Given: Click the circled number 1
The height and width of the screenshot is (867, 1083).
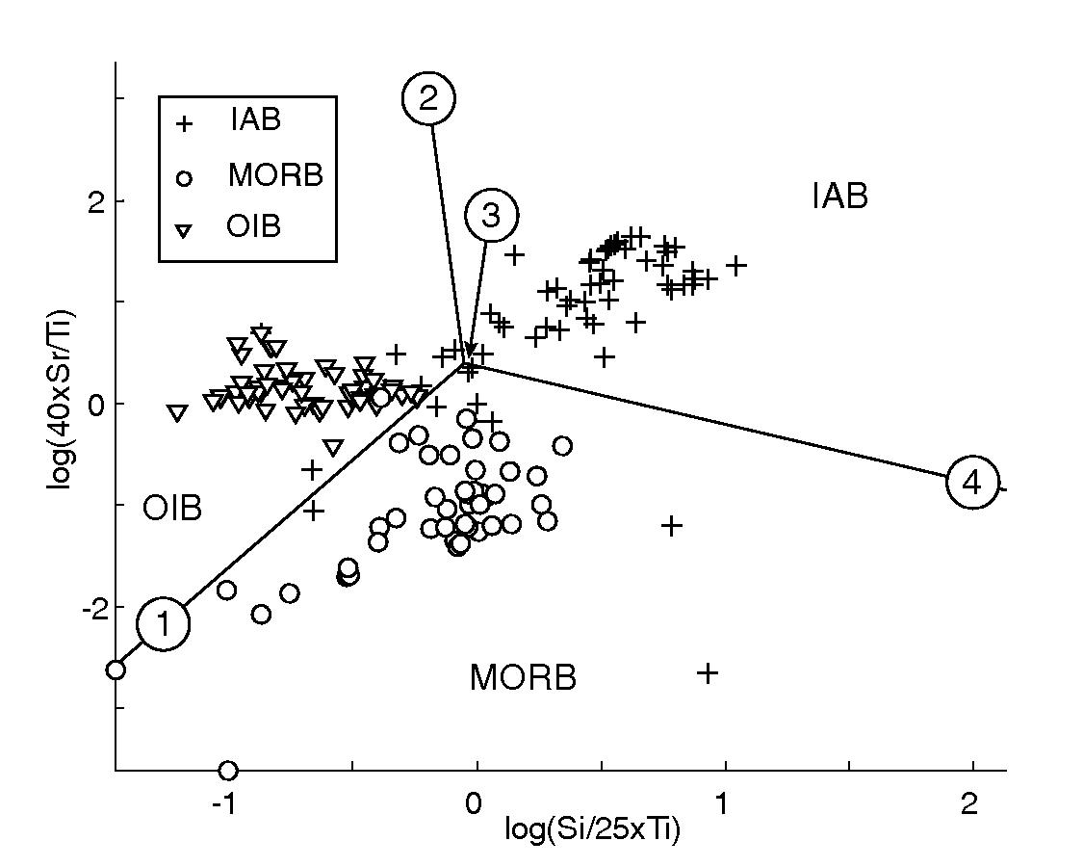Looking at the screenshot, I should (x=164, y=624).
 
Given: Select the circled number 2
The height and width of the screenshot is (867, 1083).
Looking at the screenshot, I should (x=428, y=98).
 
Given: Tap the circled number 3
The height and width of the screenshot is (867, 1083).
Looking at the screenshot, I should (x=491, y=216).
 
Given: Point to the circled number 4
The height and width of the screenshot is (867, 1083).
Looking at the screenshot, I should (x=972, y=483).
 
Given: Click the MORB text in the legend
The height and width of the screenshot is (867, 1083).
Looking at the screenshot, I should (x=275, y=176).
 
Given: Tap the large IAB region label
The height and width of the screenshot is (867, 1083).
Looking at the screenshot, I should (x=839, y=197).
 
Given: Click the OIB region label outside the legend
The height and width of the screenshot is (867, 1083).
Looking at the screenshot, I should (x=172, y=508).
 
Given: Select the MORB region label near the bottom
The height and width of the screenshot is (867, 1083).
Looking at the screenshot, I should (x=523, y=678).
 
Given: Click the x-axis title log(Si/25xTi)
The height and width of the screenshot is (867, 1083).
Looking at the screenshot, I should (x=592, y=830).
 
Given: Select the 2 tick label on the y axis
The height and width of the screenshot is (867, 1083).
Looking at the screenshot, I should (x=92, y=201).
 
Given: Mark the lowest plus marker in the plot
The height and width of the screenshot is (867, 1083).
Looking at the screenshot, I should (x=708, y=673).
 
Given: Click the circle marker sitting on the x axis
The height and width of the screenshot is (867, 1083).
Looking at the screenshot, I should (x=228, y=770).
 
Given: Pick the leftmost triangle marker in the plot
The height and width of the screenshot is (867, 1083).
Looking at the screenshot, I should (x=177, y=413).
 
